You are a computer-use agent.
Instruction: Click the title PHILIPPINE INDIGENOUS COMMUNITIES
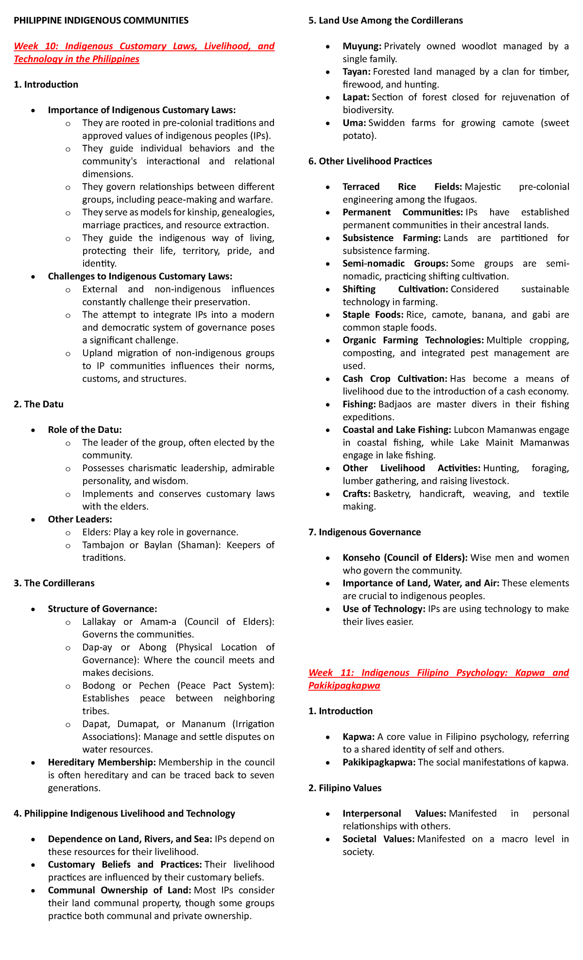click(101, 20)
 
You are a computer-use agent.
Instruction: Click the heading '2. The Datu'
click(38, 404)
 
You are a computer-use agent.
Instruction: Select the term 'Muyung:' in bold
click(362, 46)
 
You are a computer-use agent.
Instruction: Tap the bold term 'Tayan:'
click(357, 72)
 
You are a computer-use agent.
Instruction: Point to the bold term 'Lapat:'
click(356, 97)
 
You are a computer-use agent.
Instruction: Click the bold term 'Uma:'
click(354, 123)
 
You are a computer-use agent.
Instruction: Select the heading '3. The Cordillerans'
click(54, 583)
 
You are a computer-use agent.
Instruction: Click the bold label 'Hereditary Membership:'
click(102, 762)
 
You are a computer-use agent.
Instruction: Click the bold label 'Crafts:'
click(357, 494)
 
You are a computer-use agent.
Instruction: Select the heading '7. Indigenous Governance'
click(364, 532)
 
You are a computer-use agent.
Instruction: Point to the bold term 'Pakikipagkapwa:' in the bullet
click(378, 762)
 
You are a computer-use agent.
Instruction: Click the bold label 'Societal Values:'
click(378, 839)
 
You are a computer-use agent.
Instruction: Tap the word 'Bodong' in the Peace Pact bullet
click(99, 686)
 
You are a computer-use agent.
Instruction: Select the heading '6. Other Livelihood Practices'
click(370, 161)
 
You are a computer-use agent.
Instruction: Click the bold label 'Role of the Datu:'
click(85, 430)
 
